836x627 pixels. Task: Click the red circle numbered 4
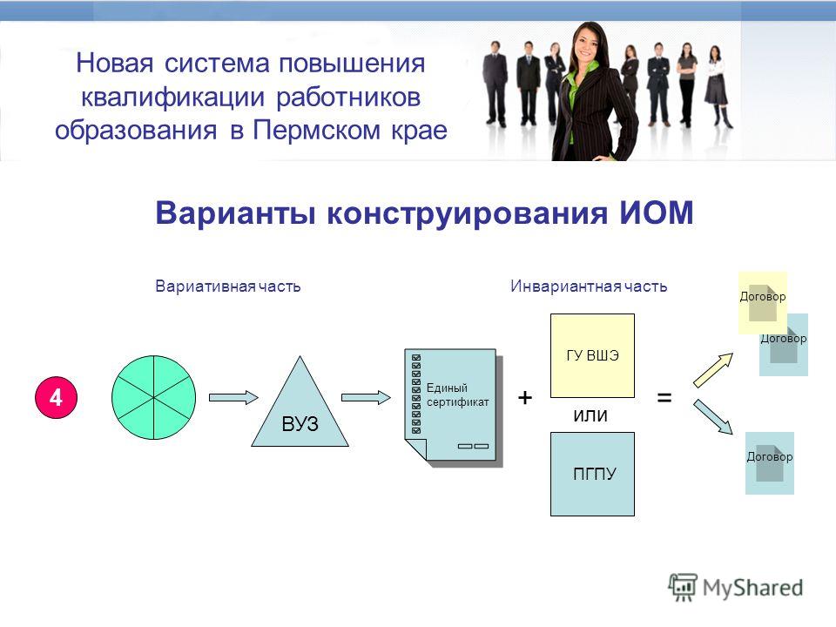point(56,398)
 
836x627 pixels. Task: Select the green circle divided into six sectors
point(153,398)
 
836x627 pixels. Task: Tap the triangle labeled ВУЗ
point(300,410)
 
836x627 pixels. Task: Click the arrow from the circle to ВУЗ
point(233,398)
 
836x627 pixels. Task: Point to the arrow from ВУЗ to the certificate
point(366,398)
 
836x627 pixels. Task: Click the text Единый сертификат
point(457,395)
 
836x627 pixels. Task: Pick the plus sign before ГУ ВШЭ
point(525,398)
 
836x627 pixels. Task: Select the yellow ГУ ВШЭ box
point(592,355)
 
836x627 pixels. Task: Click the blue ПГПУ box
point(592,474)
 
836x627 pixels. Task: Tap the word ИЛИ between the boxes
point(590,416)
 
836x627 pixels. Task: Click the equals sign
point(664,398)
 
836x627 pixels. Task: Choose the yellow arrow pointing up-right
point(713,370)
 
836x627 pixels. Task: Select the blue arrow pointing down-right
point(713,417)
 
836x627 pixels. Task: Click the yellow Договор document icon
point(763,302)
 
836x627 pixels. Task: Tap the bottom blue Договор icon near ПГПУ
point(769,462)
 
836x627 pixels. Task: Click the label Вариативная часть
point(227,287)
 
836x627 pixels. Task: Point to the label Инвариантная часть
point(589,287)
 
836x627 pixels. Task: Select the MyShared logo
point(736,588)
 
